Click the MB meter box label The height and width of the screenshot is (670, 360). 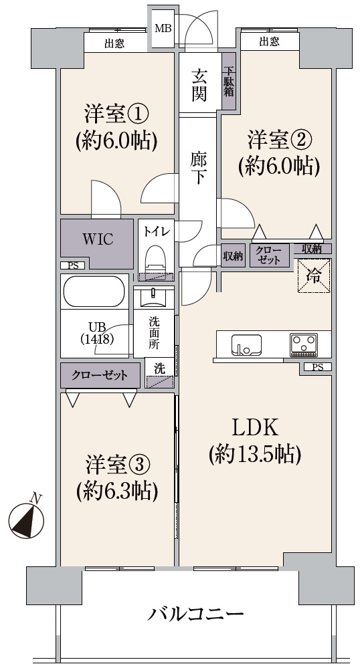pyautogui.click(x=163, y=29)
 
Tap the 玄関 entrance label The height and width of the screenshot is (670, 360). pyautogui.click(x=199, y=85)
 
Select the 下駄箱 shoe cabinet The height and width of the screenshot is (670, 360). pyautogui.click(x=229, y=81)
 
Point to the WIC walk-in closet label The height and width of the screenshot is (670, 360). pyautogui.click(x=98, y=239)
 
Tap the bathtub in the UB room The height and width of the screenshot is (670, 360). pyautogui.click(x=94, y=291)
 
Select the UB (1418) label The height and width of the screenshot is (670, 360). pyautogui.click(x=96, y=333)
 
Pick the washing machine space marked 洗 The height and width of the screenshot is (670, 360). pyautogui.click(x=160, y=374)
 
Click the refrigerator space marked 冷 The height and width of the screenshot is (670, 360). pyautogui.click(x=314, y=276)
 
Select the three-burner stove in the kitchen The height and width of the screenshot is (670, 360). pyautogui.click(x=304, y=345)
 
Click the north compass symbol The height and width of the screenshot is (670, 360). pyautogui.click(x=26, y=519)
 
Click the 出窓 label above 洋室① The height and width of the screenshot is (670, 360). pyautogui.click(x=114, y=43)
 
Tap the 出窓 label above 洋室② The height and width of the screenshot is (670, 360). pyautogui.click(x=270, y=41)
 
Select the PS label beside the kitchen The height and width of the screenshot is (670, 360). pyautogui.click(x=318, y=367)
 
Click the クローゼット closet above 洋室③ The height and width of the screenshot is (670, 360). pyautogui.click(x=100, y=376)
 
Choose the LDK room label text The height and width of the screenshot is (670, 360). pyautogui.click(x=255, y=428)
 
